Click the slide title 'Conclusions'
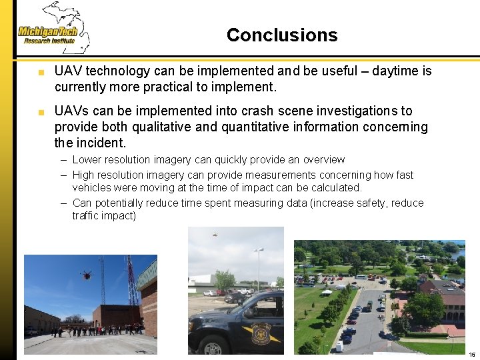pyautogui.click(x=282, y=35)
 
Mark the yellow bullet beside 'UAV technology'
pyautogui.click(x=41, y=71)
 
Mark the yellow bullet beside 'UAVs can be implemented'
pyautogui.click(x=41, y=111)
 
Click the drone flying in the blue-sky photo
pyautogui.click(x=85, y=274)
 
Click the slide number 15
pyautogui.click(x=471, y=354)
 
